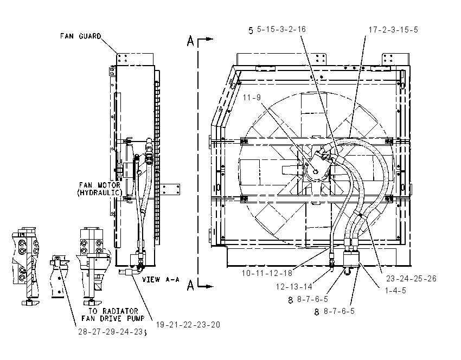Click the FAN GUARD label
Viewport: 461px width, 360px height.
coord(81,36)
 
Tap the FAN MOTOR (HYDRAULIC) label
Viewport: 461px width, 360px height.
coord(100,189)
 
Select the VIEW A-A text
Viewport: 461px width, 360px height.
coord(161,279)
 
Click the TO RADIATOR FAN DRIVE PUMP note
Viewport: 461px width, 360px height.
coord(113,315)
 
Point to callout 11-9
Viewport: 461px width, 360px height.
coord(252,97)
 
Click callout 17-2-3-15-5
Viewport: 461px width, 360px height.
coord(393,30)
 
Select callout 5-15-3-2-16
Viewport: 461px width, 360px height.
coord(281,29)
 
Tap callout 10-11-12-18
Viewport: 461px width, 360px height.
coord(267,273)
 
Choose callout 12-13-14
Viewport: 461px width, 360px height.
coord(294,286)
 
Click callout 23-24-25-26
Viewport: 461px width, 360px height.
coord(411,278)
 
